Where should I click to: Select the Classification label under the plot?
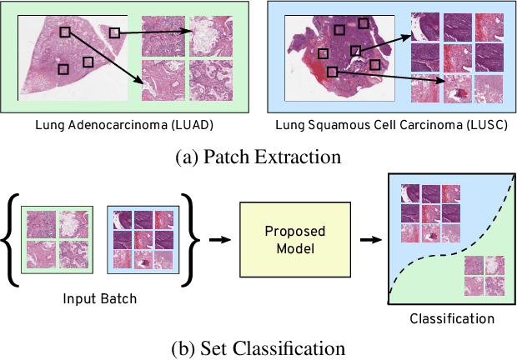tap(452, 318)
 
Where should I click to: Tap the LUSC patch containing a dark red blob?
tap(457, 90)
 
